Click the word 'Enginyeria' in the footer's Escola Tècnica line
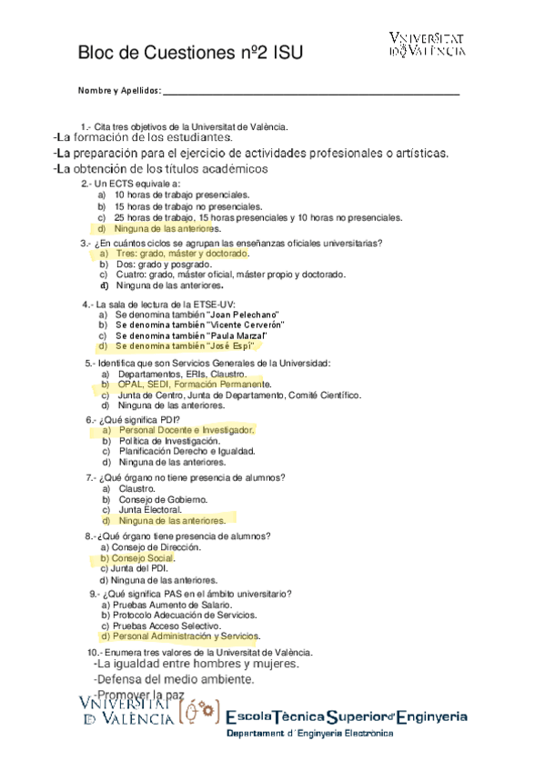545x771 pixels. (429, 716)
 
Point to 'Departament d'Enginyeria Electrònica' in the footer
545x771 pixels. (309, 734)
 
